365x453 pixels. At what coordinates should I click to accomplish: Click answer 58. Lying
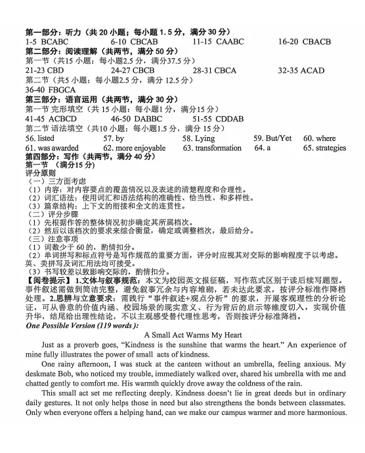(x=198, y=139)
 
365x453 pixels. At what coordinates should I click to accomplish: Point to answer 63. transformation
(x=212, y=148)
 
